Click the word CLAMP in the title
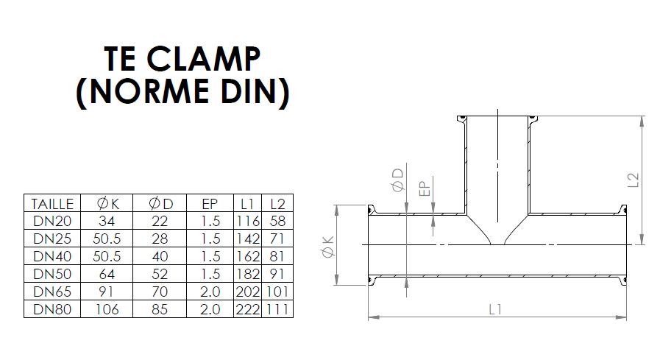click(x=203, y=59)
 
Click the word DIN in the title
click(x=249, y=91)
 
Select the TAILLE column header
click(x=52, y=204)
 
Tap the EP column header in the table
click(x=210, y=204)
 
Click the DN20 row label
click(x=52, y=221)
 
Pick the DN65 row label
click(x=52, y=292)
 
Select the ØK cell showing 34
click(x=107, y=221)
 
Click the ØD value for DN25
click(x=160, y=239)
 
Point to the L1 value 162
click(x=247, y=256)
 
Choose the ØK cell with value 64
click(x=107, y=274)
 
